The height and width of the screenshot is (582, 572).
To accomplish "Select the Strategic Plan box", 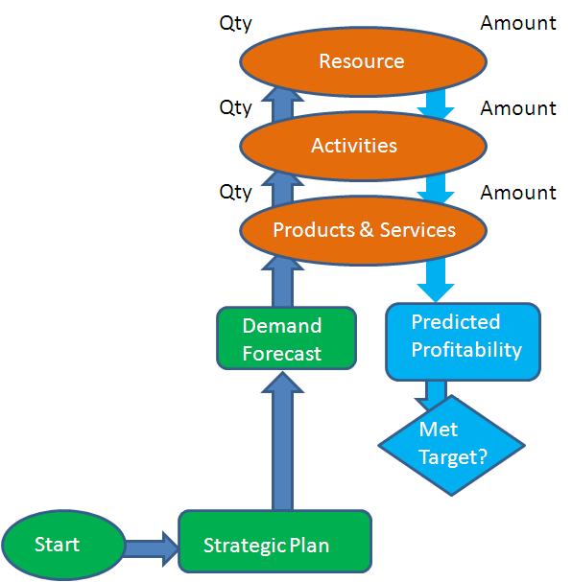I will tap(274, 546).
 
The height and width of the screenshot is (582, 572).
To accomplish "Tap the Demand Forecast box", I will tap(282, 338).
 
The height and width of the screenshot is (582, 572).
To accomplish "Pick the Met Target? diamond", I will tap(451, 443).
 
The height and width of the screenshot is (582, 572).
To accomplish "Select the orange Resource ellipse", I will tap(363, 61).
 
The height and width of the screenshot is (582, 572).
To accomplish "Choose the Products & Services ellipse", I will tap(363, 230).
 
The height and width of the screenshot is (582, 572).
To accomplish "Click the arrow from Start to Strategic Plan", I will tap(152, 547).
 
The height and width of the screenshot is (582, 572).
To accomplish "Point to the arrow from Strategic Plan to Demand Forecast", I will tap(282, 441).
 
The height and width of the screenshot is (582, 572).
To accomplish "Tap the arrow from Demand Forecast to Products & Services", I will tap(282, 285).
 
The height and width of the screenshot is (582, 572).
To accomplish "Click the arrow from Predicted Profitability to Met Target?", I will tap(436, 394).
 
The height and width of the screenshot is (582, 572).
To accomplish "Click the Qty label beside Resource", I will tap(235, 23).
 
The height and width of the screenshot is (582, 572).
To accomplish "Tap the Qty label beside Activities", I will tap(235, 107).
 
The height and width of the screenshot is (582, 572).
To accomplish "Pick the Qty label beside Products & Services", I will tap(235, 192).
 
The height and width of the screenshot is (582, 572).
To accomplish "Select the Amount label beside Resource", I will tap(517, 23).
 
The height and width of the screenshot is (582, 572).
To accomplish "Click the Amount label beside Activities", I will tap(517, 107).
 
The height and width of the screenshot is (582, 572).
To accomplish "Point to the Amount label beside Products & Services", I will tap(517, 192).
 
